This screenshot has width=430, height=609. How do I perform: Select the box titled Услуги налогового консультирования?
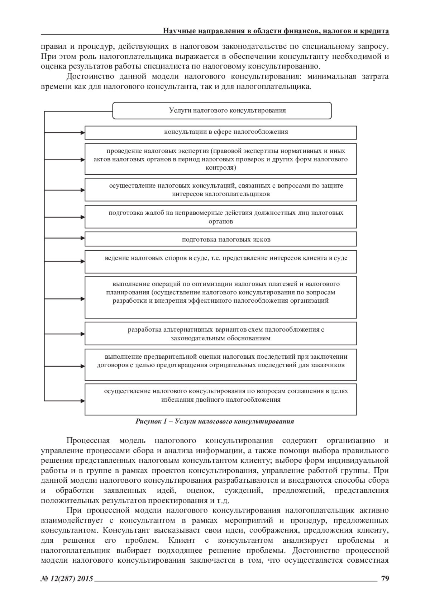[x=222, y=110]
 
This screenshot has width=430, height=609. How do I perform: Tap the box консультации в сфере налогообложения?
[x=220, y=132]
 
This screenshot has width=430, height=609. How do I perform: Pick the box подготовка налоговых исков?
[x=220, y=239]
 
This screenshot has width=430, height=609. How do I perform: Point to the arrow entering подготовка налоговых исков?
[x=81, y=239]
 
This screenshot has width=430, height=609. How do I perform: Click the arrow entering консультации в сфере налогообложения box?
[x=81, y=132]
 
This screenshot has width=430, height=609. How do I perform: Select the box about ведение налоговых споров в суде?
[x=220, y=262]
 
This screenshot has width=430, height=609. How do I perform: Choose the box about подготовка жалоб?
[x=220, y=217]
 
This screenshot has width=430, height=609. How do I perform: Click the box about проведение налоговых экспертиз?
[x=220, y=159]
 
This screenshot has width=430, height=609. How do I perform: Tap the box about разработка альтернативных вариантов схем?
[x=220, y=334]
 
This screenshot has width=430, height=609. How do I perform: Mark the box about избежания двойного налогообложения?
[x=220, y=399]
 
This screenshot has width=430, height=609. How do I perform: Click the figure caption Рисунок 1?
[x=215, y=421]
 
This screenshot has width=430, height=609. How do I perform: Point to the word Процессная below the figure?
[x=88, y=441]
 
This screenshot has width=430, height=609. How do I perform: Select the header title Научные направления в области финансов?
[x=276, y=31]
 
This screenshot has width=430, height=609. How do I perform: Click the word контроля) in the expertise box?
[x=220, y=167]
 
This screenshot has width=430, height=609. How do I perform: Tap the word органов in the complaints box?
[x=220, y=221]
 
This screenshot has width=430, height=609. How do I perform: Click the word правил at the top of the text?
[x=50, y=47]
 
